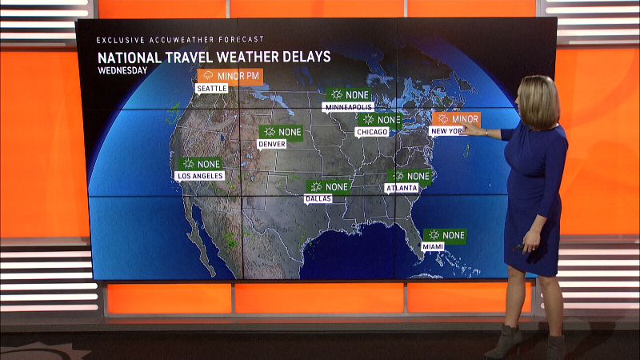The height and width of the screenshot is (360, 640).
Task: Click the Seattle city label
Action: point(212,88)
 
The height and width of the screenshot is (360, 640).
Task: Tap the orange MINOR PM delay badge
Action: point(230,76)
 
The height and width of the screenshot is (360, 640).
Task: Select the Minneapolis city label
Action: point(348,106)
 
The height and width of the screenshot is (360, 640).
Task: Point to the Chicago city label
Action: point(373,132)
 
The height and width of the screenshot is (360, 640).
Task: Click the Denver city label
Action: point(272,144)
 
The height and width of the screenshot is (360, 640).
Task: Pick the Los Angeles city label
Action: point(199,175)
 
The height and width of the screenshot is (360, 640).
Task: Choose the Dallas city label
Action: point(317,198)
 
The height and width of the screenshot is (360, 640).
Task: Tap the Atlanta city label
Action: point(402,188)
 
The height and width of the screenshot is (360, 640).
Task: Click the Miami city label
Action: point(433,247)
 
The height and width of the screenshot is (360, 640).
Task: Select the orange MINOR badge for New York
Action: point(456,119)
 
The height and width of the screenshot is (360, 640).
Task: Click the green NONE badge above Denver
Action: point(282,132)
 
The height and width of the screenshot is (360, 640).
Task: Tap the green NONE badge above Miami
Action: point(445,235)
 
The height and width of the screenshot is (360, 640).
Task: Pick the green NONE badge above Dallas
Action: point(328,186)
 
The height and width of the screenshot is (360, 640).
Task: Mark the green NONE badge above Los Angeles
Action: point(199,163)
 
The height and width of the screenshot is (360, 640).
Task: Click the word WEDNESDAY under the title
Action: point(122,70)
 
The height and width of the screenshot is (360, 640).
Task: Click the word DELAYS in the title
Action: point(302,57)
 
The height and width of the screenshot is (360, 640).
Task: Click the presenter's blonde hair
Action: point(541,100)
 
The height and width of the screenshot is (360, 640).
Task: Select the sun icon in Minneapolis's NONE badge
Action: point(337,94)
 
